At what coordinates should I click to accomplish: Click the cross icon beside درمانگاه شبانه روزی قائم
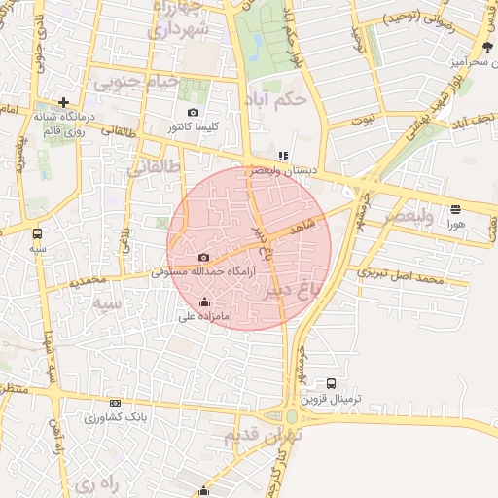63,102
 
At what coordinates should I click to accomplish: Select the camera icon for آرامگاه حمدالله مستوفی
202,257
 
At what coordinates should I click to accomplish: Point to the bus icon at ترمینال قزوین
332,384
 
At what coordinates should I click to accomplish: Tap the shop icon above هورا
456,209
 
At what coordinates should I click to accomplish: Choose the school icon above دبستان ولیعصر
283,156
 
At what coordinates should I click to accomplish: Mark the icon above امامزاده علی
203,302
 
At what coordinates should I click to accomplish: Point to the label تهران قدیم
264,436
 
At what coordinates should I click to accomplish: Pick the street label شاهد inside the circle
303,226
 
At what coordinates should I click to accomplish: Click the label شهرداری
177,29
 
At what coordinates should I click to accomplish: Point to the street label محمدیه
87,281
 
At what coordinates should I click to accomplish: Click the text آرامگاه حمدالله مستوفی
203,272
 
